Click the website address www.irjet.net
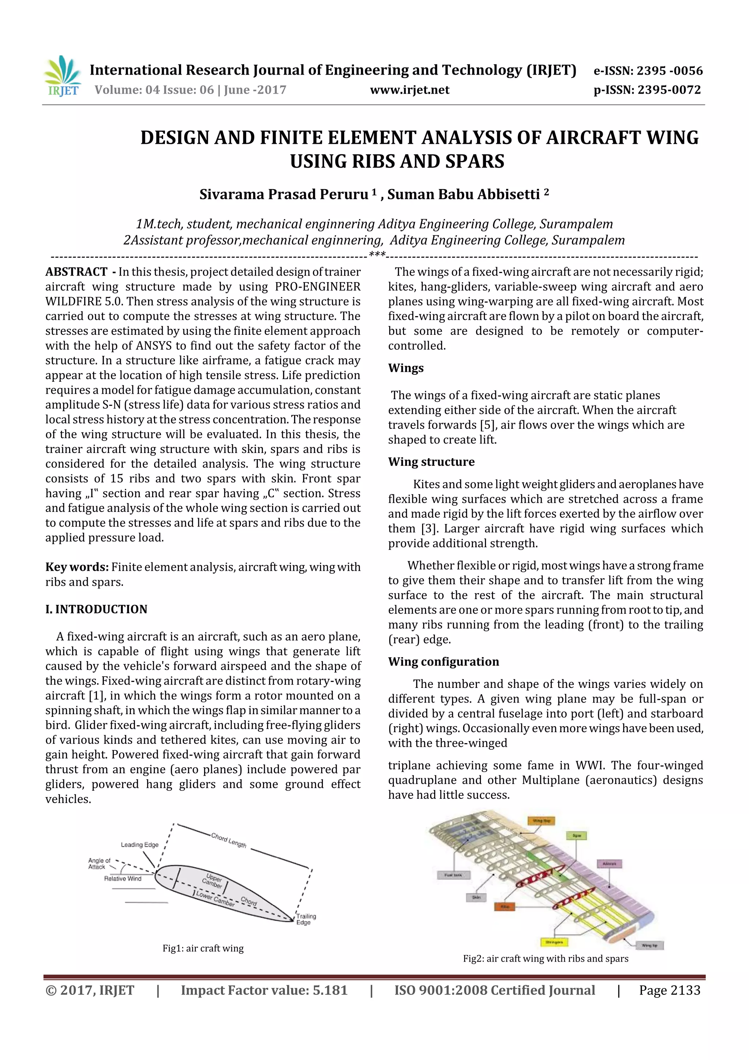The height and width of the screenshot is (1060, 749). (x=409, y=90)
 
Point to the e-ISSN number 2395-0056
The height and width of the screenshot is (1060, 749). (x=669, y=71)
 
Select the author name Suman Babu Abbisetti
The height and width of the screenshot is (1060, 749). (x=463, y=194)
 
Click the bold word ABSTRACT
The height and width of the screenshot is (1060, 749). (x=76, y=272)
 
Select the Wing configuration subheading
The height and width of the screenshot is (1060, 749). (x=443, y=662)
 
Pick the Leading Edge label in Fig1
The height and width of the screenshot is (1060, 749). (x=139, y=845)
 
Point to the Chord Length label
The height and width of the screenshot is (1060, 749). (x=229, y=840)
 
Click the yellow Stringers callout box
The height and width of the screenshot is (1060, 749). (x=554, y=942)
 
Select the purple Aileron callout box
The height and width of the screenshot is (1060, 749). (x=610, y=863)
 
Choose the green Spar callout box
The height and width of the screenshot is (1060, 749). (x=576, y=836)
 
